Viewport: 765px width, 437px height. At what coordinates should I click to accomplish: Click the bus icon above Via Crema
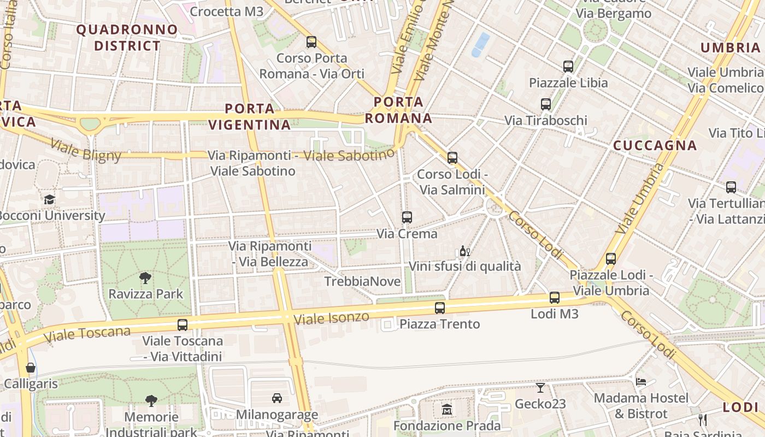click(x=407, y=217)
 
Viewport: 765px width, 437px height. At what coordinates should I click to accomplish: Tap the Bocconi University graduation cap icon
click(x=50, y=199)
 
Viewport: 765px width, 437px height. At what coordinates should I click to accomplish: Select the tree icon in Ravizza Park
click(x=145, y=278)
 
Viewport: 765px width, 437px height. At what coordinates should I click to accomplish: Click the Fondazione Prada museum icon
click(x=447, y=409)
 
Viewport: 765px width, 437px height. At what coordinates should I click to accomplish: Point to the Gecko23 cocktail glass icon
click(x=540, y=388)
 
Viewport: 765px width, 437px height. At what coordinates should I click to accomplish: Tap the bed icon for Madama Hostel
click(x=641, y=381)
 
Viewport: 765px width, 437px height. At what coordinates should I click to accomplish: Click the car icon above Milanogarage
click(x=277, y=398)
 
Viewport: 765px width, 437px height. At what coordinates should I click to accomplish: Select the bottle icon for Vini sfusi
click(x=464, y=251)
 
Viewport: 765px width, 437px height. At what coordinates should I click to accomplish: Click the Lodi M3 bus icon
click(x=555, y=298)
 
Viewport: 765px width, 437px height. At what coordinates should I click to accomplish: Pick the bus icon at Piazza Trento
click(x=440, y=308)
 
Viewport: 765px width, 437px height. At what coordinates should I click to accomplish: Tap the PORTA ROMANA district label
click(x=398, y=110)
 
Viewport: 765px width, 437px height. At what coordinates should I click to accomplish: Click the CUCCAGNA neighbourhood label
click(x=655, y=145)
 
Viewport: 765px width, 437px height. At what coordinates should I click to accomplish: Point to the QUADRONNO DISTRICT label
click(x=127, y=38)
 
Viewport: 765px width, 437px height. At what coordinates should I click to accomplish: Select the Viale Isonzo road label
click(x=331, y=317)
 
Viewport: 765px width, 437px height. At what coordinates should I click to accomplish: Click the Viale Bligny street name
click(x=86, y=151)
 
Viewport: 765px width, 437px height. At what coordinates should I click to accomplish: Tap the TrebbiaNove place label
click(x=362, y=282)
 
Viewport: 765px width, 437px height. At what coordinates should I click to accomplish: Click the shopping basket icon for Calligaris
click(x=31, y=368)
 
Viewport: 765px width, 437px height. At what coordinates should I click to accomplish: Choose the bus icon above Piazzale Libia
click(x=568, y=67)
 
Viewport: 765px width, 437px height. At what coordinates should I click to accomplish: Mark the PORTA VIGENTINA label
click(x=250, y=116)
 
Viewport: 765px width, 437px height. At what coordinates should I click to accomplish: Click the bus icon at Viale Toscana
click(x=183, y=325)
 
